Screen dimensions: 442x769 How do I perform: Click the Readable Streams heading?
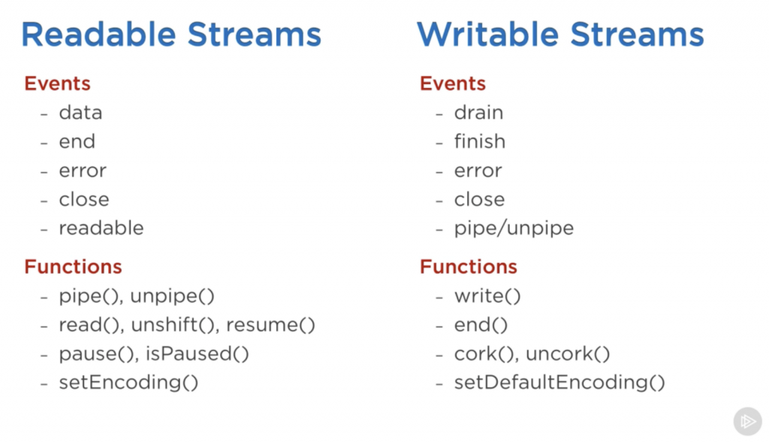[171, 35]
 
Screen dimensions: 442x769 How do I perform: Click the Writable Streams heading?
[560, 35]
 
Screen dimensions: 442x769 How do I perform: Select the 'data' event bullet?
[80, 113]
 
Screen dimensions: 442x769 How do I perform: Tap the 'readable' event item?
[101, 228]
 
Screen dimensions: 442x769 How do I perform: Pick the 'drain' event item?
[478, 113]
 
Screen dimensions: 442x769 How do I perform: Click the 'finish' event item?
[479, 141]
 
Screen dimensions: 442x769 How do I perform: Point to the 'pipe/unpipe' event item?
[514, 229]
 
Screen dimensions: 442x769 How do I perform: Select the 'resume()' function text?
[270, 325]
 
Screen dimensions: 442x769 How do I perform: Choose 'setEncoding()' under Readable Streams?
[128, 383]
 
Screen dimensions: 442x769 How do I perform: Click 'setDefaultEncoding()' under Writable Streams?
[559, 383]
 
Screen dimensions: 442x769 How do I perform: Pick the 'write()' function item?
[487, 296]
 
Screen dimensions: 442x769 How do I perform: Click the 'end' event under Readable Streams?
[77, 141]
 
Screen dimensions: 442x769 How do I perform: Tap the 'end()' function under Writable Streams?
[481, 325]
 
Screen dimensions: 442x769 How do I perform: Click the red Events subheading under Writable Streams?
[452, 83]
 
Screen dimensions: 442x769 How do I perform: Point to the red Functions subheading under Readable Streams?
[73, 267]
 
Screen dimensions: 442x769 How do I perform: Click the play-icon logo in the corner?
[747, 421]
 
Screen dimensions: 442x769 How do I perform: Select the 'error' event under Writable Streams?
[478, 171]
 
